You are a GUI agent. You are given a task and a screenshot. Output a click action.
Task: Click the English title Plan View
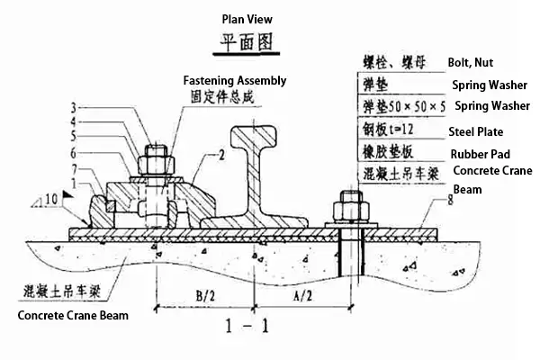point(247,19)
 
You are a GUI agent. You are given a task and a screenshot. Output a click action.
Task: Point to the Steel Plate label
point(477,131)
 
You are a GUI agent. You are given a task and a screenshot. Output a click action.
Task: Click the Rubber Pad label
point(479,154)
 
